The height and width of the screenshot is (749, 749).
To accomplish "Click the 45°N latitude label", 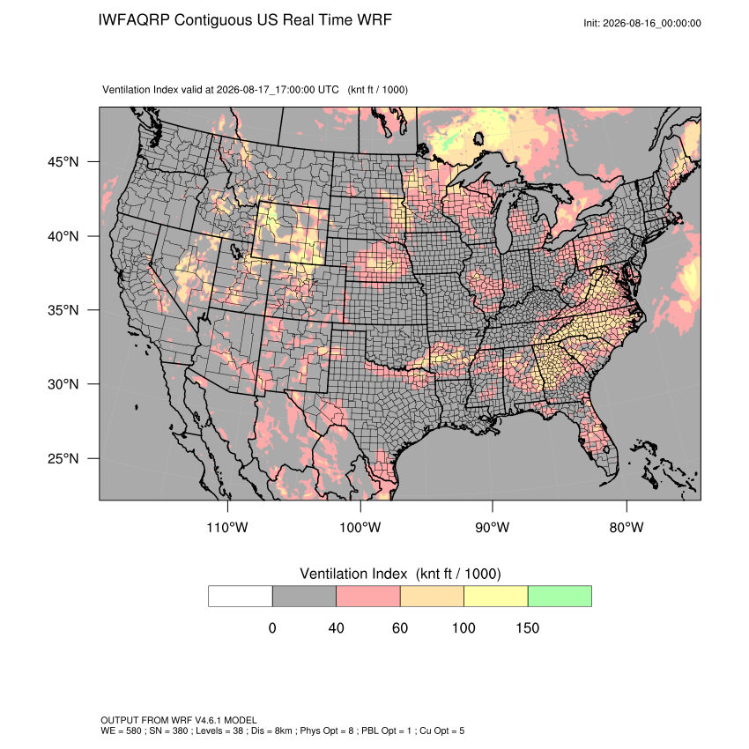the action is click(63, 162).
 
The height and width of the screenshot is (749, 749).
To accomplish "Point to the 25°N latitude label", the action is click(63, 458).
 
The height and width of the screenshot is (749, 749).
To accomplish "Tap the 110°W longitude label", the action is click(227, 527).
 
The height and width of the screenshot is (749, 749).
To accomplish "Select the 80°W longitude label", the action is click(627, 527).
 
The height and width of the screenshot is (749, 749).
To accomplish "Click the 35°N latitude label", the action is click(63, 310).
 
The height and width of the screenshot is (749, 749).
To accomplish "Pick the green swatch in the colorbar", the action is click(560, 597).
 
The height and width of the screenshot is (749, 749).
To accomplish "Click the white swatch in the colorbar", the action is click(241, 597).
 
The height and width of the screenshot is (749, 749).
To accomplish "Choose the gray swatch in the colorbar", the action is click(304, 597).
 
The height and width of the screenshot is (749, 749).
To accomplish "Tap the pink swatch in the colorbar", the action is click(368, 597).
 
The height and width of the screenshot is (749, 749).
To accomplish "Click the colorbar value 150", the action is click(527, 627).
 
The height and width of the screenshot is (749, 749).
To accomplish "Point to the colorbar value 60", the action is click(400, 627).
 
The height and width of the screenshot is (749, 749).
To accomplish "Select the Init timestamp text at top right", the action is click(642, 23).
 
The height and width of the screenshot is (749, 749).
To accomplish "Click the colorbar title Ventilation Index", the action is click(353, 574).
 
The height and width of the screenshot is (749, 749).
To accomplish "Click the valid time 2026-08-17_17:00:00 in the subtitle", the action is click(278, 90).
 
